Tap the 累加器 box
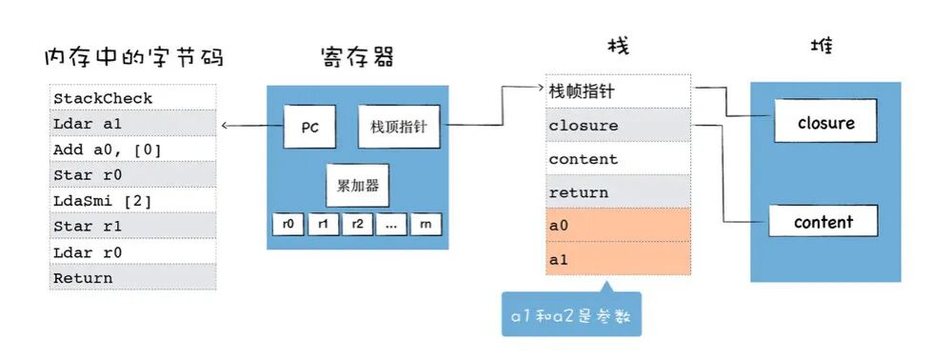coord(357,185)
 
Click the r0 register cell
coord(288,224)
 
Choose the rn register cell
coord(426,224)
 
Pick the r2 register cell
coord(357,224)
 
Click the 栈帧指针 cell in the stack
coord(618,91)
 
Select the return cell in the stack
coord(618,192)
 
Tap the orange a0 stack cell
coord(618,226)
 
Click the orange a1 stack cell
coord(618,259)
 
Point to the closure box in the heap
coord(825,123)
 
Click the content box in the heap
coord(824,222)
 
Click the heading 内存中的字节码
coord(134,57)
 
